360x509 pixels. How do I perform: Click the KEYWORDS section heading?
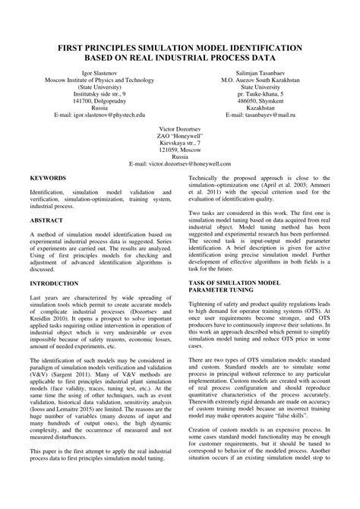(48, 177)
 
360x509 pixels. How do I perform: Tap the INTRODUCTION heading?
(54, 283)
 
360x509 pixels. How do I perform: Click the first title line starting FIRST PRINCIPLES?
(179, 47)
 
